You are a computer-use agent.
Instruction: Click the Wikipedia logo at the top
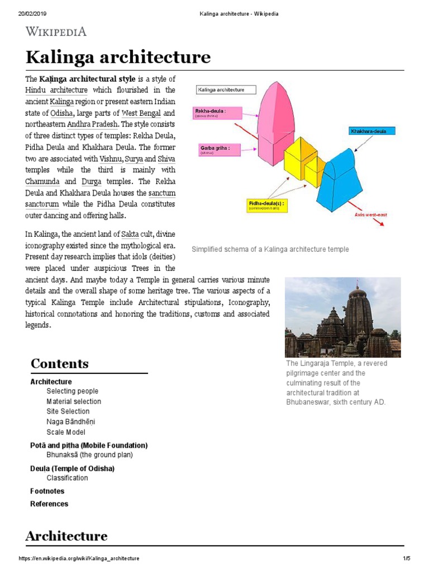tap(56, 31)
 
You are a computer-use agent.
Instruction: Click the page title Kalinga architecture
tap(118, 57)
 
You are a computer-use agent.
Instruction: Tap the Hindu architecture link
tap(56, 90)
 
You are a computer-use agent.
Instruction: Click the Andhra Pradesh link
tap(93, 124)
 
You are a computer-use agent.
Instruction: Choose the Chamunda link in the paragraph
tap(42, 181)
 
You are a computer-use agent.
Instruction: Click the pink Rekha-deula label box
tap(217, 114)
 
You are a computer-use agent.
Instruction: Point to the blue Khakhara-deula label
tap(372, 131)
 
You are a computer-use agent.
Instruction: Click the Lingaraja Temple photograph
tap(342, 317)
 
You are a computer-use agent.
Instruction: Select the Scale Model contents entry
tap(66, 433)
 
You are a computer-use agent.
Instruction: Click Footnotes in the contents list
tap(47, 491)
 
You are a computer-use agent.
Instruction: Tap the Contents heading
tap(59, 363)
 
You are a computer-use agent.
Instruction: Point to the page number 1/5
tap(407, 558)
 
